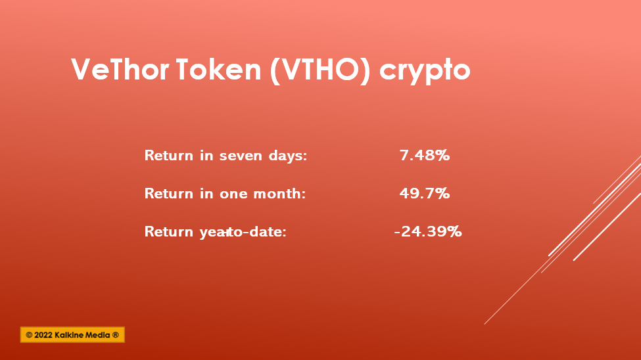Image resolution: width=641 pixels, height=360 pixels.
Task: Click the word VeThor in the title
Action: [120, 69]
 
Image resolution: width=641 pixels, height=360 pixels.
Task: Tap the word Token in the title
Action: [219, 69]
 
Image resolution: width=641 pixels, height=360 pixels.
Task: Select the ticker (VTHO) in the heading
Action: [320, 70]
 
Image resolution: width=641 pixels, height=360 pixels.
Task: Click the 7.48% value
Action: [425, 155]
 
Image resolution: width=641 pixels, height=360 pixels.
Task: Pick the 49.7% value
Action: [425, 193]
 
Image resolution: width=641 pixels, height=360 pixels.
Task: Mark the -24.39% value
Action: [427, 232]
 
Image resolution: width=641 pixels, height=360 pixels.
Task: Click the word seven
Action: [241, 156]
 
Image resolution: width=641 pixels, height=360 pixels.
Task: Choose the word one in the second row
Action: [233, 194]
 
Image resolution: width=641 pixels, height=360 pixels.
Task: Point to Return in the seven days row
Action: [169, 155]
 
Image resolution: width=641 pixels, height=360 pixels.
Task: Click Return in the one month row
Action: [169, 193]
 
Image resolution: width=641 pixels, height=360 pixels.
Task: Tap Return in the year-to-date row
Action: [169, 232]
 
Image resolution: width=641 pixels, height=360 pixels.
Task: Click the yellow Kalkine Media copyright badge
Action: [72, 334]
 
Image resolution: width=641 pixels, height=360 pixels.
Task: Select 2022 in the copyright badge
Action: [43, 335]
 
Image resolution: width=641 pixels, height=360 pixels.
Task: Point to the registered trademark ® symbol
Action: [115, 335]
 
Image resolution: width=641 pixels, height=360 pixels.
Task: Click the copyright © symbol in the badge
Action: [29, 335]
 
